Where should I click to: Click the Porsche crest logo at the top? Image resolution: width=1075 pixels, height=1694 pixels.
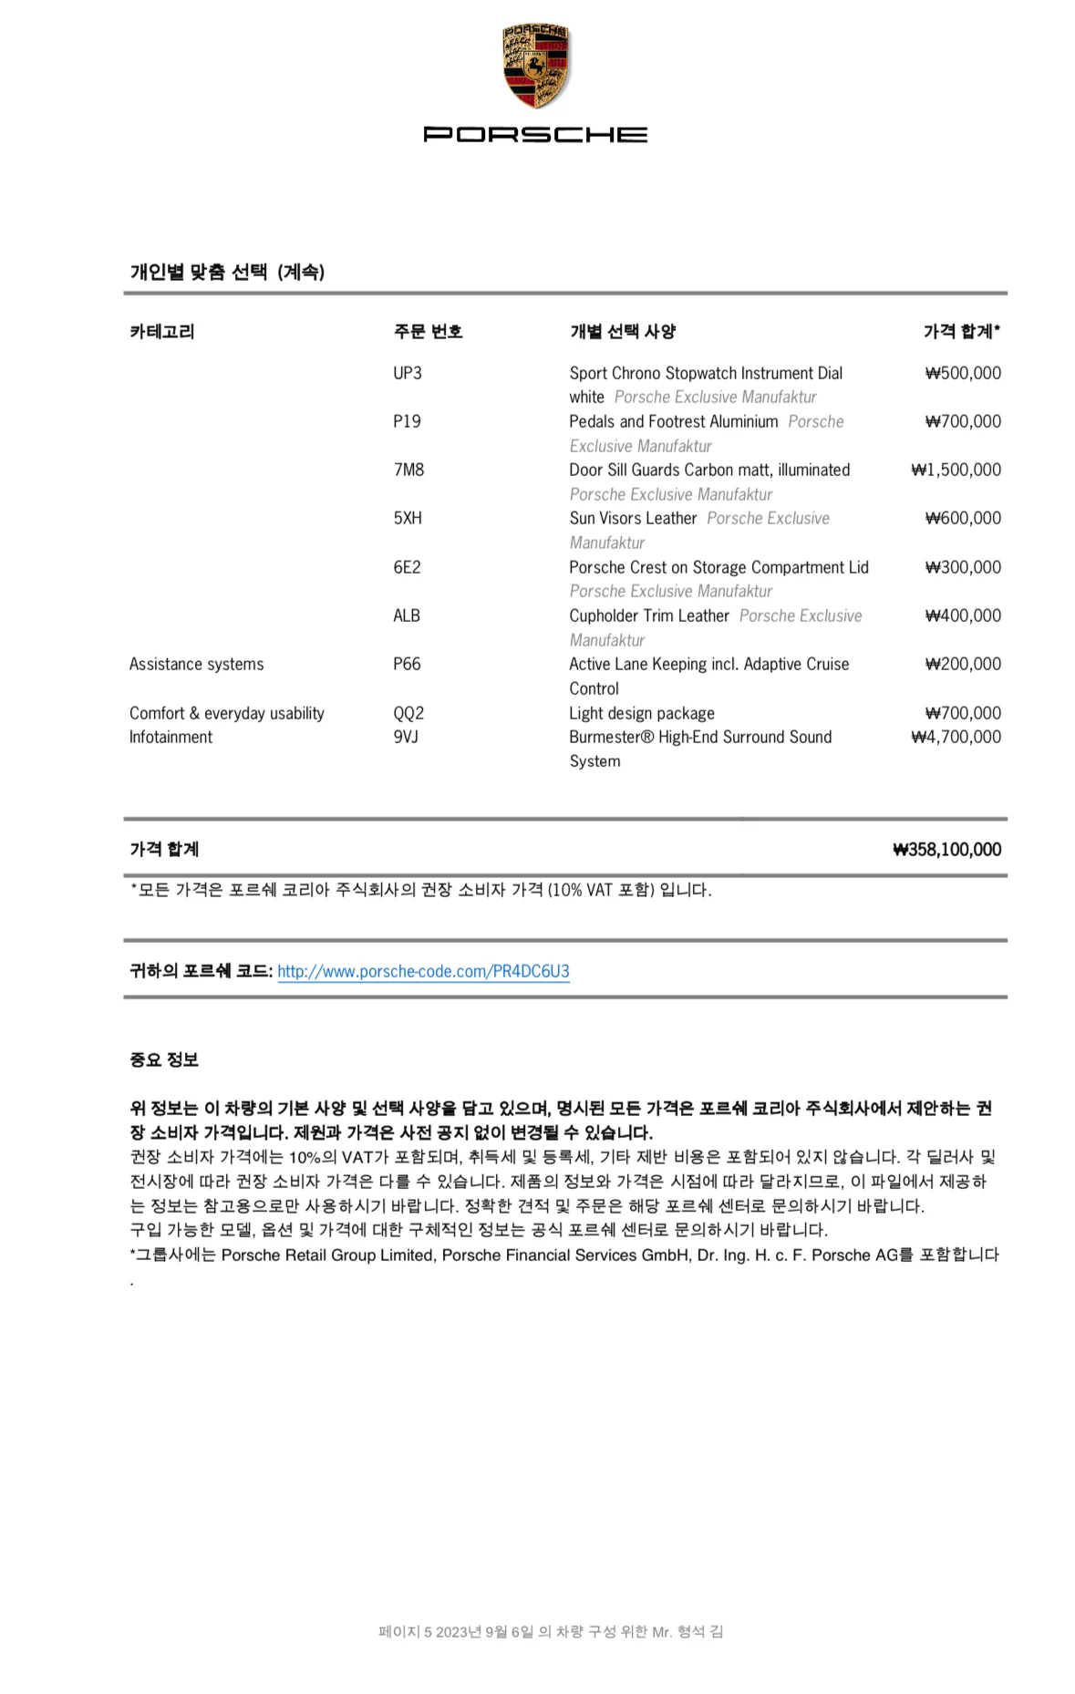tap(536, 67)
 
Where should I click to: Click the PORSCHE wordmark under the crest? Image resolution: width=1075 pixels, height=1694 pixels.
tap(536, 134)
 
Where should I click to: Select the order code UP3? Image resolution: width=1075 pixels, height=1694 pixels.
tap(407, 373)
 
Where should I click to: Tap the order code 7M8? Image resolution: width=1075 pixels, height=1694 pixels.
tap(408, 470)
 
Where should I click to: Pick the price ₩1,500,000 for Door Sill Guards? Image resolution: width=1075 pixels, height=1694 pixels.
tap(956, 470)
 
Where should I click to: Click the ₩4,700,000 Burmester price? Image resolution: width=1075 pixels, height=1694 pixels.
tap(956, 737)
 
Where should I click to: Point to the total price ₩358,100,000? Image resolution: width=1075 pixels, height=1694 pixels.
tap(946, 850)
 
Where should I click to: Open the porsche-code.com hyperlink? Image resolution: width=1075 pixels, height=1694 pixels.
tap(423, 971)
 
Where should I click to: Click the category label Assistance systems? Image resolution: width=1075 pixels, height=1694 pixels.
tap(196, 664)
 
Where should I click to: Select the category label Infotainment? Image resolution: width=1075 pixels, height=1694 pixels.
tap(171, 737)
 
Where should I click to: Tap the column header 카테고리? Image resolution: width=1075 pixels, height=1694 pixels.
tap(162, 332)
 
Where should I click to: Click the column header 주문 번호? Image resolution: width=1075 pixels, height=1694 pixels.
tap(428, 332)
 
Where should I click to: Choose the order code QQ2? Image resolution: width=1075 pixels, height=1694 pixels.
tap(408, 713)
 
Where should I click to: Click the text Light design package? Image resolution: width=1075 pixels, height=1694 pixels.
tap(642, 713)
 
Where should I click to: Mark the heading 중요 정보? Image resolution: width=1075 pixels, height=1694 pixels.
tap(164, 1059)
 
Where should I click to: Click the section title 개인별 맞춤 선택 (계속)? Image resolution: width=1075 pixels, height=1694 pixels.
tap(227, 272)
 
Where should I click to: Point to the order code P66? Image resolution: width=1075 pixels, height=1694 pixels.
tap(407, 664)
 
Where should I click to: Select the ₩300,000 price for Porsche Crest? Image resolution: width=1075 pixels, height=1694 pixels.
tap(963, 567)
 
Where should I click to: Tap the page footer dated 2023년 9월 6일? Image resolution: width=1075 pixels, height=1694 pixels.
tap(551, 1631)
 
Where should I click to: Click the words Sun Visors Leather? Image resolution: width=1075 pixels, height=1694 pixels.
tap(633, 518)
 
